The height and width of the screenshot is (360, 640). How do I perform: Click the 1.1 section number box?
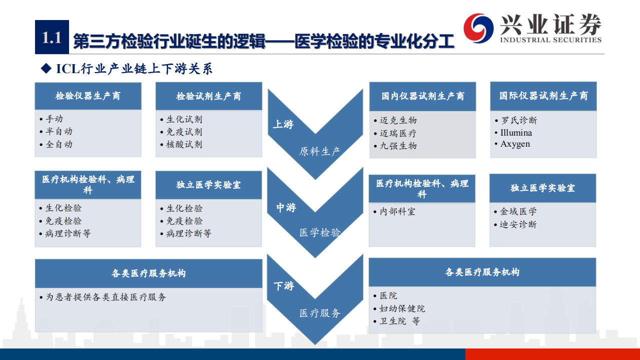(52, 38)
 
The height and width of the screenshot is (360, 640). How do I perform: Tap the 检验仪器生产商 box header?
(88, 96)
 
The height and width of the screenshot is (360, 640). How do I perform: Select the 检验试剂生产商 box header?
(209, 96)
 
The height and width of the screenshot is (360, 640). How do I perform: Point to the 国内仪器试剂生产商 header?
(423, 96)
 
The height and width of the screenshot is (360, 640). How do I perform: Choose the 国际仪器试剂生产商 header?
(543, 96)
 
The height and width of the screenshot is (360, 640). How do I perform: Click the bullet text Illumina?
(516, 133)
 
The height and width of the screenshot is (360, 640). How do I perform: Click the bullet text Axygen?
(515, 144)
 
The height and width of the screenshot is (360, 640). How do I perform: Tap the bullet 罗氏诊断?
(519, 121)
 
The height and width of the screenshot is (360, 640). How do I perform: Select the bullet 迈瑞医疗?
(398, 133)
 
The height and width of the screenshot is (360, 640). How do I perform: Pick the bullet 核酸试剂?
(184, 145)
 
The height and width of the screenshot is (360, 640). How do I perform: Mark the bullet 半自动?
(59, 132)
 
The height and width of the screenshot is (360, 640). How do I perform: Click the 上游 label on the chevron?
(283, 124)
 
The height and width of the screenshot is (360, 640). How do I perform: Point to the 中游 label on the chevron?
(286, 207)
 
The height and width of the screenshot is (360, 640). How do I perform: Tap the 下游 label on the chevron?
(284, 286)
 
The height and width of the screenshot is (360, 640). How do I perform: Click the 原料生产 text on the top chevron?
(320, 151)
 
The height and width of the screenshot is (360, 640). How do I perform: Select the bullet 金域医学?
(518, 212)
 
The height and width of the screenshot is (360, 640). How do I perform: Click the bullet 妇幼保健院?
(402, 308)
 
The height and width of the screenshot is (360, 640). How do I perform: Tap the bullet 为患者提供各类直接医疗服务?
(106, 297)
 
